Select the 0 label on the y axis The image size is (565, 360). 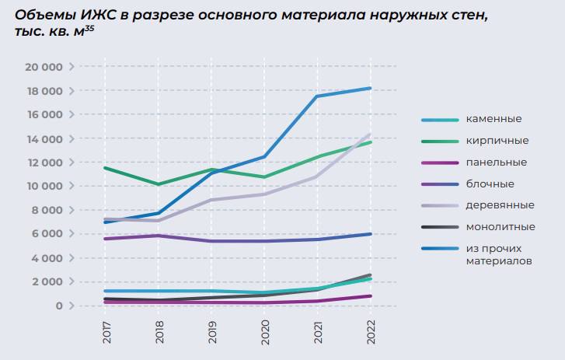(x=58, y=306)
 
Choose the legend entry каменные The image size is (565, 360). (x=494, y=119)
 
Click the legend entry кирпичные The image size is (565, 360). (x=497, y=141)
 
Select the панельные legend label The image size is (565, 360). (x=497, y=163)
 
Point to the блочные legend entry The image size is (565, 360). (x=490, y=184)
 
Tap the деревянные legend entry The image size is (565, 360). (x=500, y=205)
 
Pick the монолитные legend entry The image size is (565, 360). (x=500, y=227)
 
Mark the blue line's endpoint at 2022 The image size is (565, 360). (x=370, y=88)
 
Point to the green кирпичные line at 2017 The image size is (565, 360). (x=105, y=168)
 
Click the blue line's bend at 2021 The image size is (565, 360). (x=317, y=96)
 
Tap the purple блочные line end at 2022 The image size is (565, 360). (x=370, y=234)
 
